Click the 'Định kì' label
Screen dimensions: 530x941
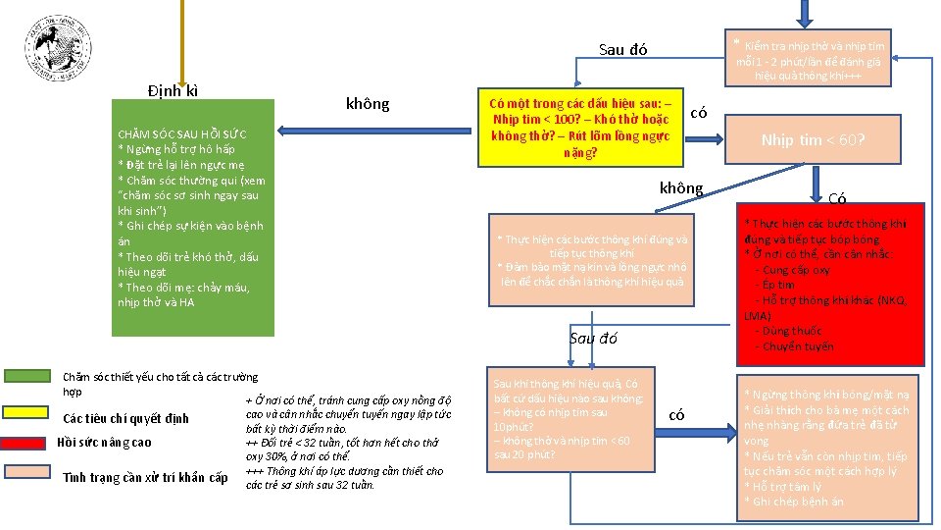tap(173, 91)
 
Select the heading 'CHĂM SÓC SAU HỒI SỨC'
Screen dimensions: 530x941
tap(182, 133)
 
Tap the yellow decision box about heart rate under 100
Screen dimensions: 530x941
tap(580, 129)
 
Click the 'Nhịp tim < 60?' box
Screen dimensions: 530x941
tap(813, 140)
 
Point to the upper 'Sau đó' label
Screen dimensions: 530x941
tap(623, 50)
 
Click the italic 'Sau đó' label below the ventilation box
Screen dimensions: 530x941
tap(593, 339)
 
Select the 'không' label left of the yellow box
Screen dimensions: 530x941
tap(368, 104)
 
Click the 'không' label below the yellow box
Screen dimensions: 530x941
tap(681, 187)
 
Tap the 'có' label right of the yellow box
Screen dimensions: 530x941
tap(699, 113)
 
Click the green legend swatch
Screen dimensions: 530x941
tap(30, 377)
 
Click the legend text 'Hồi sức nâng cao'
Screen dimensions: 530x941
tap(104, 443)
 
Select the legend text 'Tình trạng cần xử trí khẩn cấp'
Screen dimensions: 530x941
tap(145, 478)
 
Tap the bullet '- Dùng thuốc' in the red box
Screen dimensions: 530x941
tap(788, 332)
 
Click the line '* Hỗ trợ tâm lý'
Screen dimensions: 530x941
tap(782, 487)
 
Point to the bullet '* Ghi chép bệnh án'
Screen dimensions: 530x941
tap(793, 503)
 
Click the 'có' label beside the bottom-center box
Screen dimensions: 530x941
tap(676, 415)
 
